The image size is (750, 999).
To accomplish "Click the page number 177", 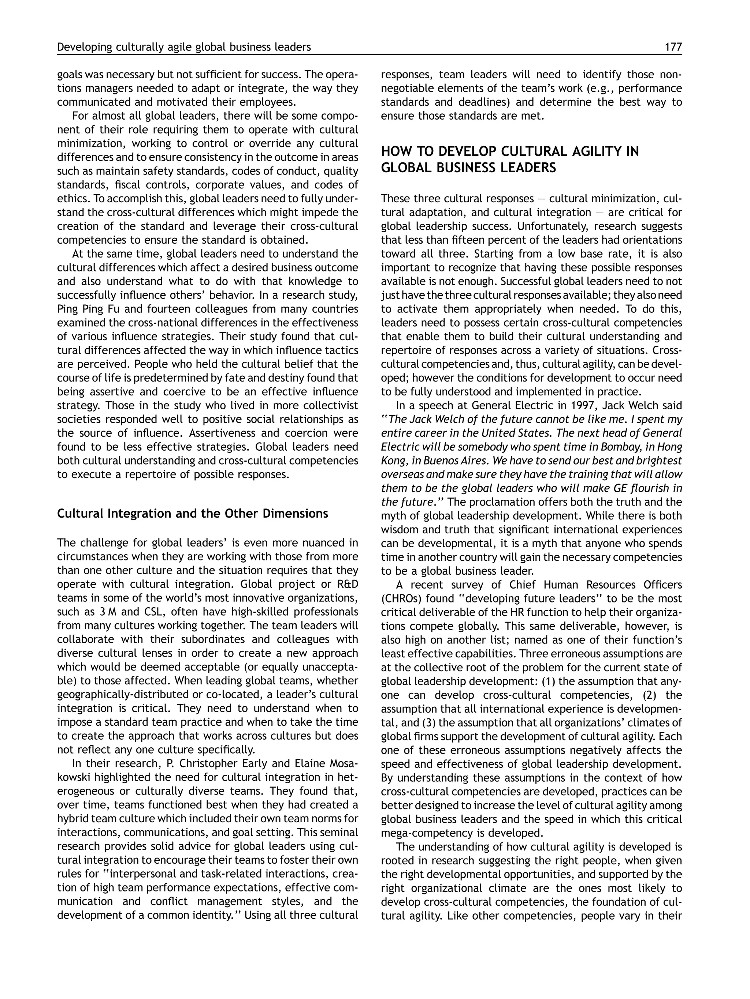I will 673,47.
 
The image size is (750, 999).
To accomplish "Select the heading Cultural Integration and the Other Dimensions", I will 192,514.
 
